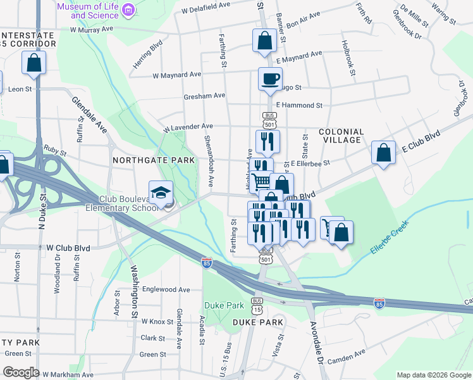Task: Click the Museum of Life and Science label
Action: pos(88,10)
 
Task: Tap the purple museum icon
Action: pos(128,9)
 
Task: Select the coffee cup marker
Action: pos(270,80)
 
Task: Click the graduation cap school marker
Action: pos(161,193)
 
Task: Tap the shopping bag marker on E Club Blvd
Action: pos(383,154)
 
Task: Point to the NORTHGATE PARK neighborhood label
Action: pos(154,160)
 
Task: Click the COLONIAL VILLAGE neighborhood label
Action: pos(341,137)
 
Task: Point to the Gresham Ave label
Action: pos(204,96)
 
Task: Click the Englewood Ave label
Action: pos(166,289)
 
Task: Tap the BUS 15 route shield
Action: pos(257,305)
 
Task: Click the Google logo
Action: pos(21,372)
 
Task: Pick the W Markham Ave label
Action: pos(68,375)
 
